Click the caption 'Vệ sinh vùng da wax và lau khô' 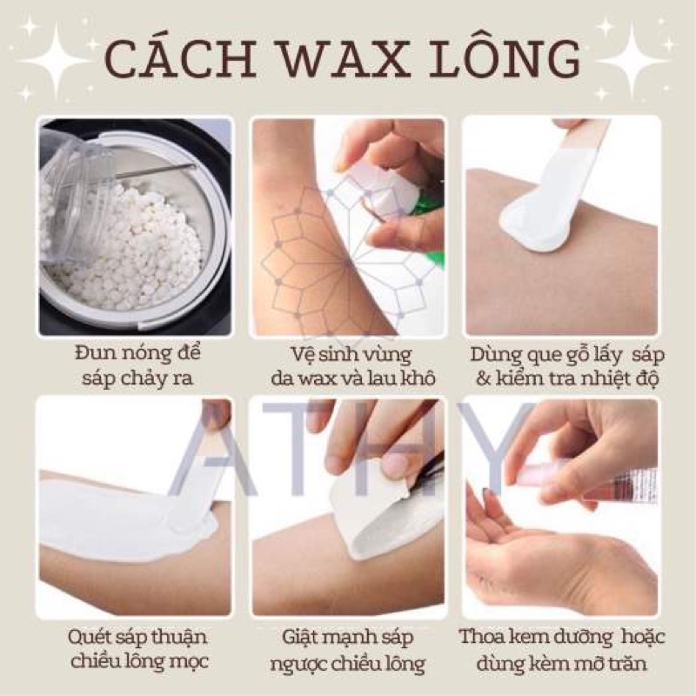coord(347,367)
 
